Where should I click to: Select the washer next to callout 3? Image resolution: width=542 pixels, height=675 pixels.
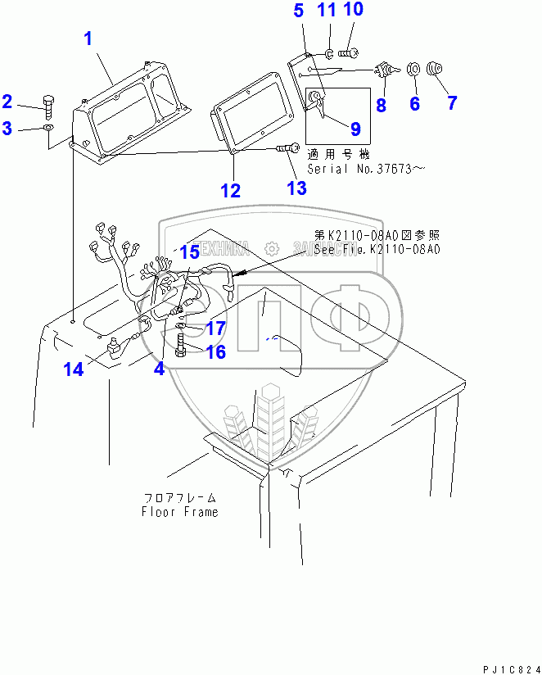click(x=48, y=129)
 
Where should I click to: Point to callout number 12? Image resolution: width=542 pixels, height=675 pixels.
click(x=231, y=191)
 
